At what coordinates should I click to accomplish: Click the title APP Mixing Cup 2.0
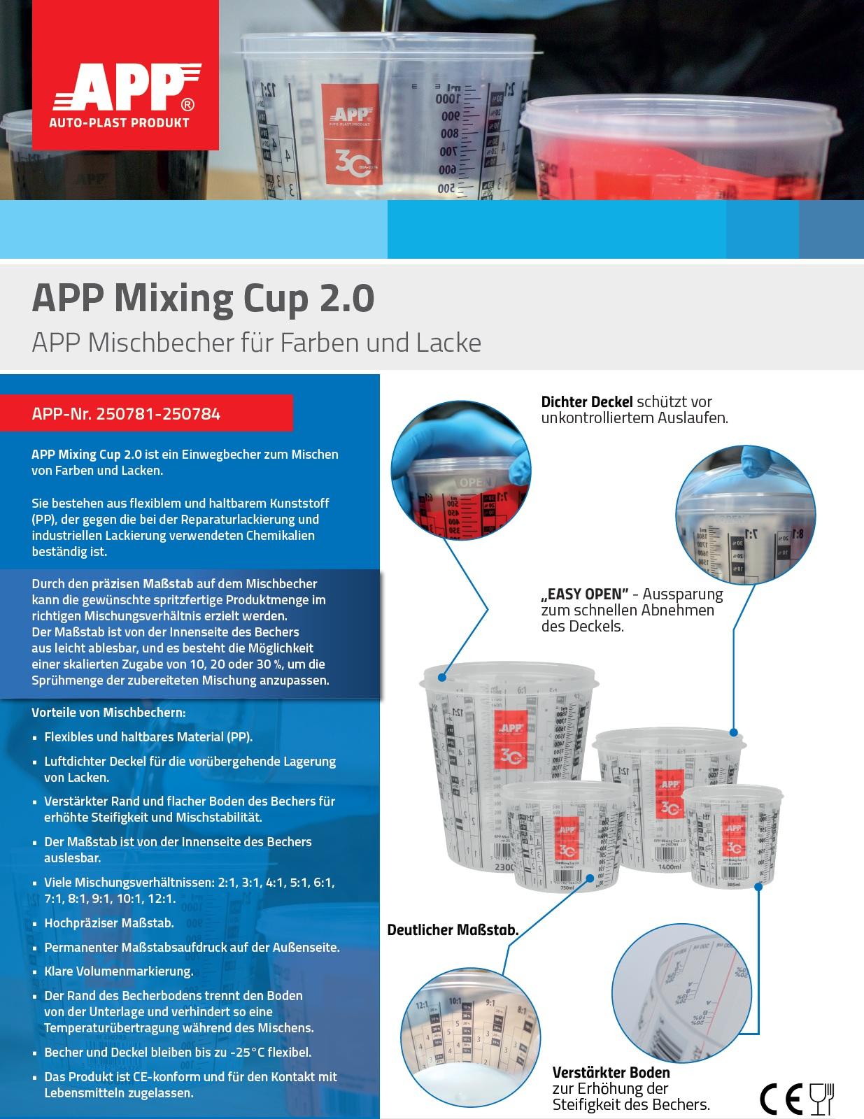tap(203, 299)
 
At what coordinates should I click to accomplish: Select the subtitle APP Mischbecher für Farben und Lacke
tap(256, 343)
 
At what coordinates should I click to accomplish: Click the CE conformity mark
tap(781, 1099)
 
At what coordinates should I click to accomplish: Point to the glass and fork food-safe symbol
tap(822, 1099)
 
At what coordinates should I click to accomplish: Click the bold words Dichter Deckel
tap(587, 402)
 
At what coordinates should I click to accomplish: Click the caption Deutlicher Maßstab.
tap(453, 930)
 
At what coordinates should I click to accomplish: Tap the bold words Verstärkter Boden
tap(611, 1072)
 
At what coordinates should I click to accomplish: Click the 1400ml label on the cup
tap(670, 867)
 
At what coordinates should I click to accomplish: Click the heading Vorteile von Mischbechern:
tap(108, 713)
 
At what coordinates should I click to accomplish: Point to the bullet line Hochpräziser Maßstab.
tap(109, 923)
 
